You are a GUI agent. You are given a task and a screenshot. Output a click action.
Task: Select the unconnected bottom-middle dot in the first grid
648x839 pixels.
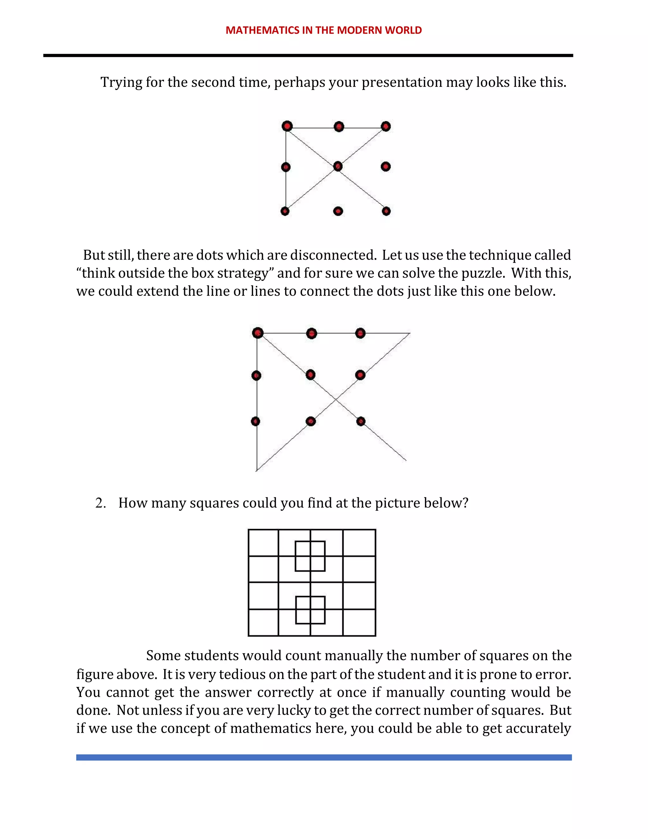coord(338,211)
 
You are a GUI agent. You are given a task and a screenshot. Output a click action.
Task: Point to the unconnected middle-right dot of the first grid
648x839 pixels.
coord(386,166)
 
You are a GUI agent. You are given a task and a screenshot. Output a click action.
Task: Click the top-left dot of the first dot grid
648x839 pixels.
coord(287,126)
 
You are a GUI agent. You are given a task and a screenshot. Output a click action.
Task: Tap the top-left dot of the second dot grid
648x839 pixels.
coord(258,333)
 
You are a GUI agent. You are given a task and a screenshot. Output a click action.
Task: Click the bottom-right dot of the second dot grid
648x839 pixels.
coord(361,421)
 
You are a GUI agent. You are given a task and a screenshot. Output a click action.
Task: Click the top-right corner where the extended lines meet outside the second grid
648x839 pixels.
coord(410,333)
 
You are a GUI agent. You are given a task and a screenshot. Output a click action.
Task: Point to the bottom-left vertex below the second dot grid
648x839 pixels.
coord(256,470)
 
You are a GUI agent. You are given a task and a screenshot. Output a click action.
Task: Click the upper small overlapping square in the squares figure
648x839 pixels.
coord(310,556)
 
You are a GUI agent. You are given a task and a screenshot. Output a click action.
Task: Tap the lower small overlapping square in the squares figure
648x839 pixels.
coord(310,610)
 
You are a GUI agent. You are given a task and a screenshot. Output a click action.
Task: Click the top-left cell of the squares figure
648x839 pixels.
coord(263,543)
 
